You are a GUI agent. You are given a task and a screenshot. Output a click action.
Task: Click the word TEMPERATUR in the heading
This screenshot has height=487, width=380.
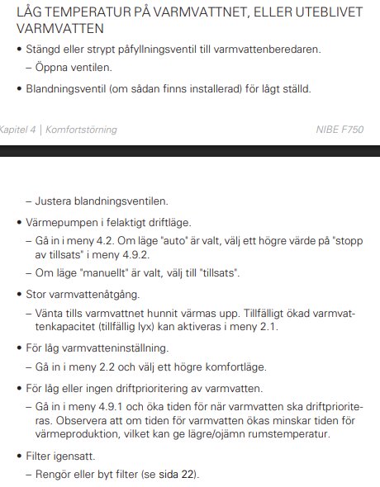point(85,12)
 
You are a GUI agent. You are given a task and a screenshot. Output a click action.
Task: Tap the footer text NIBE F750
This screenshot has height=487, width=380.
point(339,130)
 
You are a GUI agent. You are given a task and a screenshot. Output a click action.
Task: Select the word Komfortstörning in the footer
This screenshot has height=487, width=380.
point(81,130)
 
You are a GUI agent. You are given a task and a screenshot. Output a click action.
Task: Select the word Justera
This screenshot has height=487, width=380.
point(55,201)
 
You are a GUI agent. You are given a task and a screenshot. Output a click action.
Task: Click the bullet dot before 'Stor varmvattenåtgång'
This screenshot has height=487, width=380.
point(19,293)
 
